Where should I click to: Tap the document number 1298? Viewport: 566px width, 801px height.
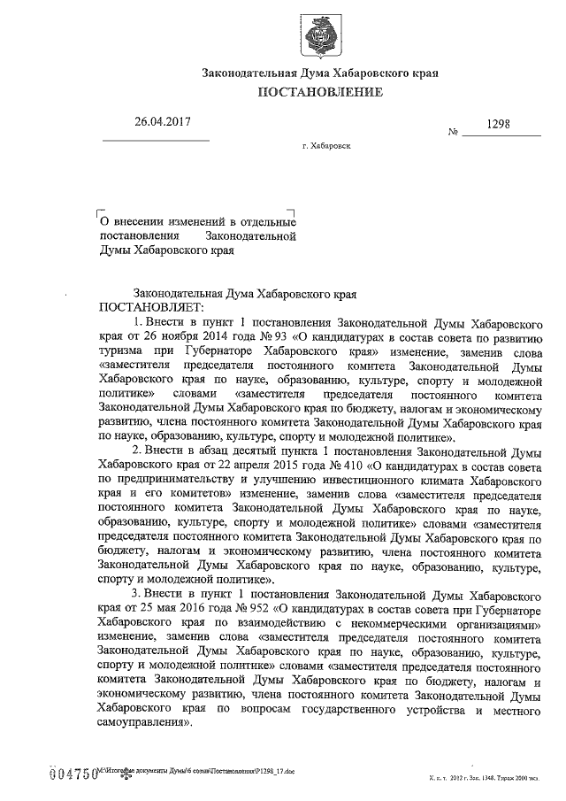501,125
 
